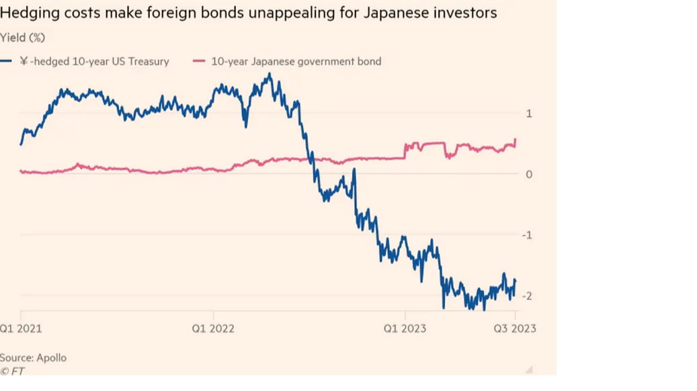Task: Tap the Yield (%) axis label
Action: click(23, 37)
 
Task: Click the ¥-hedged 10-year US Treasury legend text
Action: click(94, 61)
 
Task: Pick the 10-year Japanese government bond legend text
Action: click(296, 61)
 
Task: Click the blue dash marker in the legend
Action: click(7, 61)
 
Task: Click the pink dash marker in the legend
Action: click(198, 61)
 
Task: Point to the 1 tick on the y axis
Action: click(528, 114)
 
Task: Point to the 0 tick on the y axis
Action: click(528, 174)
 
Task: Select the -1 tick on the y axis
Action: click(527, 235)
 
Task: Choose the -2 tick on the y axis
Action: click(527, 296)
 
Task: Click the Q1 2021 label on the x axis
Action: click(22, 329)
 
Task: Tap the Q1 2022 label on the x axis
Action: click(212, 329)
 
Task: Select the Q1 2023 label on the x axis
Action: click(405, 329)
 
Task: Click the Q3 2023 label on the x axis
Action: click(515, 329)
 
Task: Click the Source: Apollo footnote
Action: click(33, 357)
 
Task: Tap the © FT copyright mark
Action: click(13, 371)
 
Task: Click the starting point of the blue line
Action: click(21, 144)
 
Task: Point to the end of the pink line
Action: click(516, 140)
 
